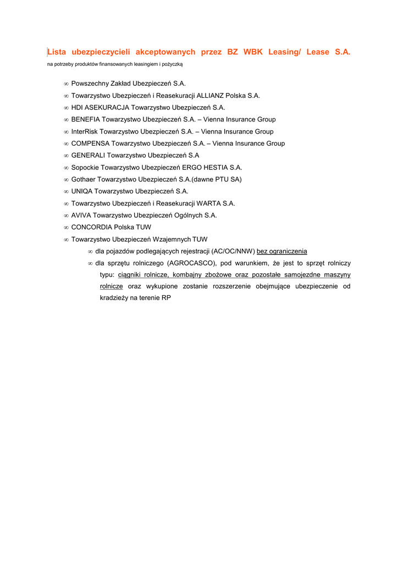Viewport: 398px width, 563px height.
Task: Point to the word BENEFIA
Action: [x=86, y=119]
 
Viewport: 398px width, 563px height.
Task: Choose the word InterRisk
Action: [x=85, y=131]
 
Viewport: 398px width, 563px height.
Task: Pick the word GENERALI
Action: [x=88, y=156]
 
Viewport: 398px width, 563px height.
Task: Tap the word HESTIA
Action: [x=212, y=168]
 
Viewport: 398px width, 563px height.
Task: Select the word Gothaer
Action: [x=83, y=179]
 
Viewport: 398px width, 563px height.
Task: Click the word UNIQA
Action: [x=82, y=191]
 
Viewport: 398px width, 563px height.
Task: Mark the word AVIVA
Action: [x=81, y=216]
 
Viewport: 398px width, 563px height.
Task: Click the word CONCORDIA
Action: [x=92, y=227]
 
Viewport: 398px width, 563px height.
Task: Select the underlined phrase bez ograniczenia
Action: [x=282, y=251]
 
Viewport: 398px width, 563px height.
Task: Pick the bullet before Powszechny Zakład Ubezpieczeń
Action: [x=66, y=84]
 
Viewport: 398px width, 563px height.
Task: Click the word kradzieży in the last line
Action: [x=114, y=299]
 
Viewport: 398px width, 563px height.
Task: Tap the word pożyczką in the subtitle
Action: [x=172, y=64]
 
